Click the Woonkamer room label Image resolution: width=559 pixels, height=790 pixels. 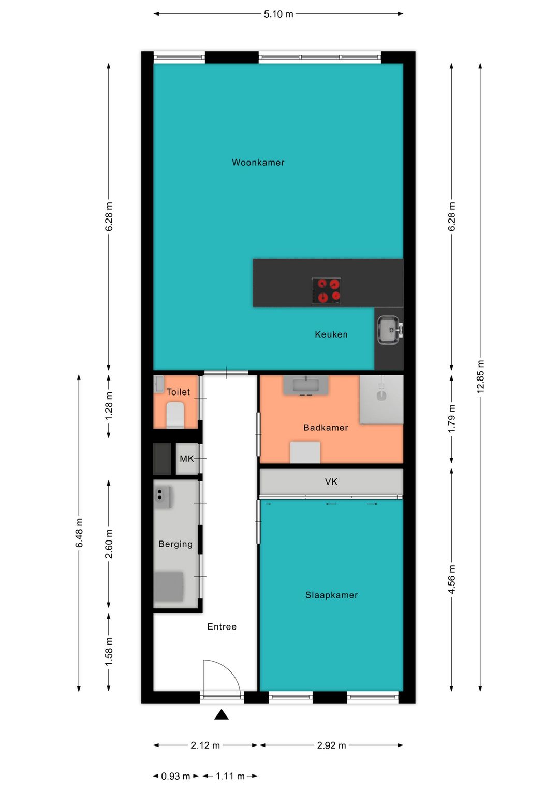(x=258, y=162)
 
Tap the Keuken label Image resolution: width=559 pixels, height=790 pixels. (x=331, y=334)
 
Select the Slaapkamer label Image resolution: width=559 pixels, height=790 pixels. (x=332, y=595)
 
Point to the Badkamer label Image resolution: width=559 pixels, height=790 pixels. (x=326, y=428)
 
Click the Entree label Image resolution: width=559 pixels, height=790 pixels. (x=222, y=626)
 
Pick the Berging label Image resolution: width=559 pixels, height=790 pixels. (x=175, y=544)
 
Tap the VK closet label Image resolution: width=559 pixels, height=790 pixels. (x=331, y=481)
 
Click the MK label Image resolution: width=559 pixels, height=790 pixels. (x=186, y=459)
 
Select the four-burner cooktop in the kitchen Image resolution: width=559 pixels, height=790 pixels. (x=326, y=291)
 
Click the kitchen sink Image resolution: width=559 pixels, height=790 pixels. (x=390, y=330)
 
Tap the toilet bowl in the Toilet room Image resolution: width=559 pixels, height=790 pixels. (x=175, y=415)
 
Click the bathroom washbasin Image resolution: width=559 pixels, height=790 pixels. (x=306, y=385)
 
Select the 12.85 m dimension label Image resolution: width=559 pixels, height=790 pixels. (x=480, y=376)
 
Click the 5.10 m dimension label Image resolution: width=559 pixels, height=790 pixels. (x=278, y=14)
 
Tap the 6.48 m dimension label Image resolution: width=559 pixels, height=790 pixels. (x=79, y=533)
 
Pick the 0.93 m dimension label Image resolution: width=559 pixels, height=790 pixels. (x=175, y=776)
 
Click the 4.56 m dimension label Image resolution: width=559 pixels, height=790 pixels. (x=451, y=579)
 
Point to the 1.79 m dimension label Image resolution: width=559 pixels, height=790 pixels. (x=451, y=418)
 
